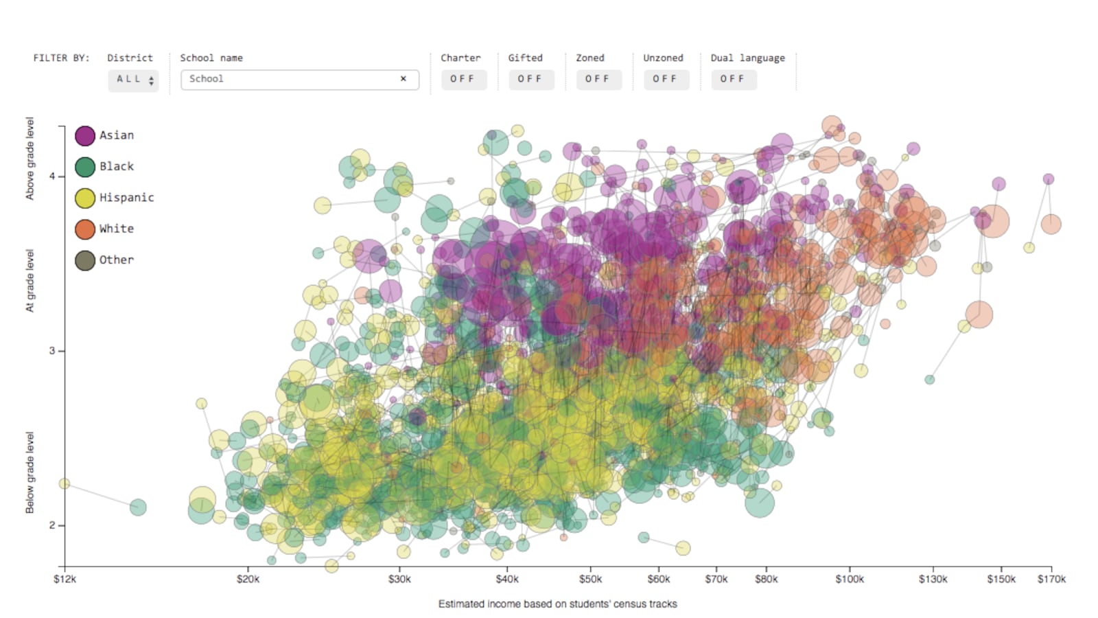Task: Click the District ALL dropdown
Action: tap(133, 80)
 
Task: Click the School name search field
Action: tap(292, 79)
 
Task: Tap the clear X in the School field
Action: tap(404, 79)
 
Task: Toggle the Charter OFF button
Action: tap(463, 79)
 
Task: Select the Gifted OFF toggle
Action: tap(530, 79)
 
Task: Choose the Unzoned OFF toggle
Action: tap(665, 79)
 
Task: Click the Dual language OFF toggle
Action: tap(732, 79)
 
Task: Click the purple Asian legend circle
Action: tap(85, 136)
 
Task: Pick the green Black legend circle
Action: tap(85, 167)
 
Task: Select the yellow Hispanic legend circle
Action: tap(85, 198)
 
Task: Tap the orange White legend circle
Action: tap(85, 229)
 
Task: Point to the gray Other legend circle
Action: tap(85, 260)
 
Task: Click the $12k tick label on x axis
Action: tap(65, 580)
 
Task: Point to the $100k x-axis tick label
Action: tap(850, 580)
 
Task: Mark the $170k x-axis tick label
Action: tap(1051, 580)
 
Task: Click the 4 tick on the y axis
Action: tap(52, 176)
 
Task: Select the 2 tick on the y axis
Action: tap(52, 525)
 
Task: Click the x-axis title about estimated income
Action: tap(557, 604)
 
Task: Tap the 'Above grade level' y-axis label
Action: tap(30, 159)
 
